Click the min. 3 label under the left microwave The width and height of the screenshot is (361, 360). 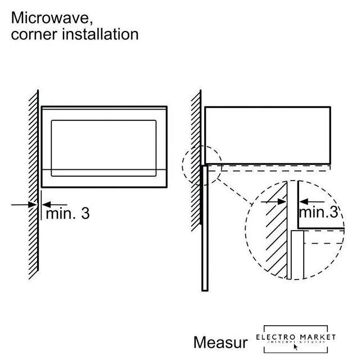[67, 214]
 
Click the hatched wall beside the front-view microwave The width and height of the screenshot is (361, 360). [33, 186]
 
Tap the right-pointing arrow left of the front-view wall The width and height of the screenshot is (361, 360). [22, 205]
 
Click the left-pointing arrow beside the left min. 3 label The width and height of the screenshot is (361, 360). [55, 205]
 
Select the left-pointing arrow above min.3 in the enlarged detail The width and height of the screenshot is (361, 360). [312, 201]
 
